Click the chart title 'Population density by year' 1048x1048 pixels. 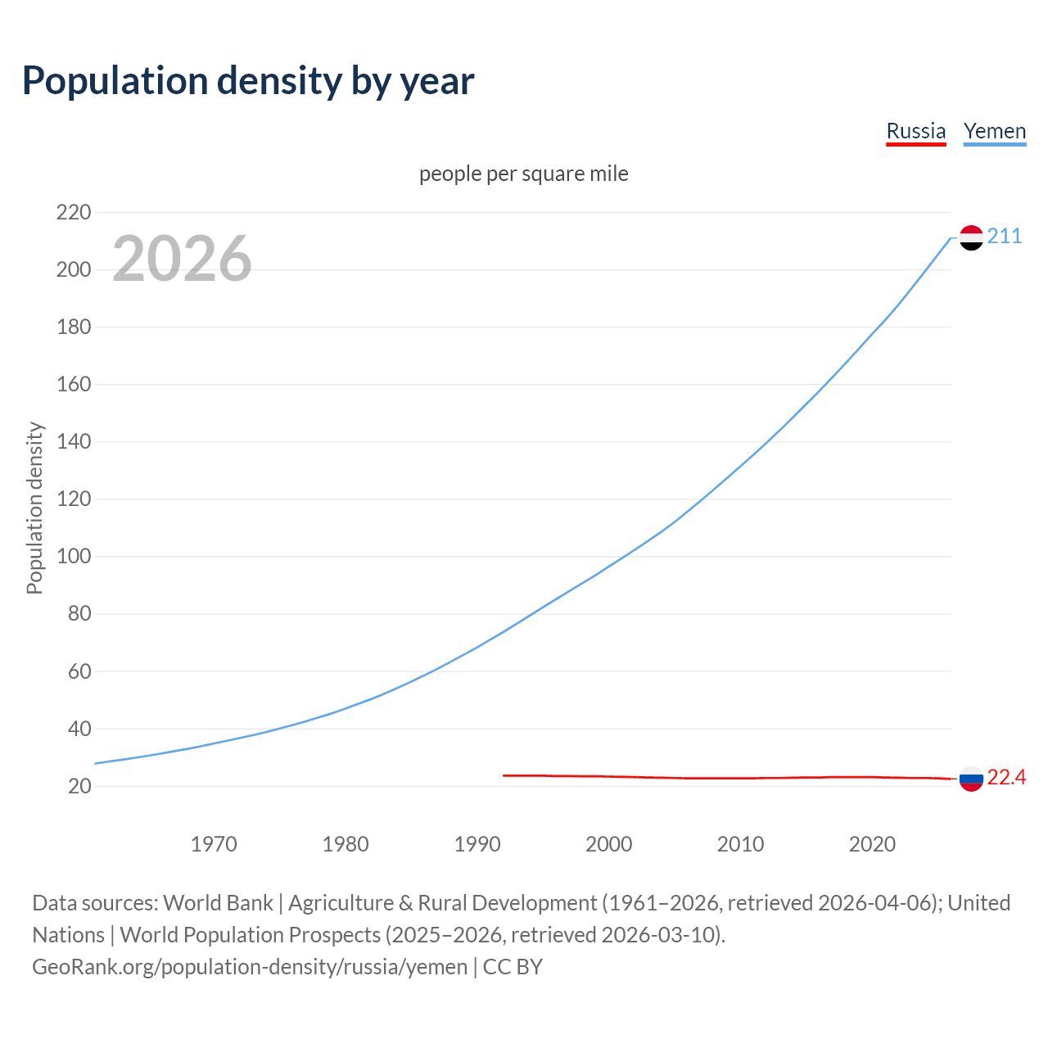(248, 81)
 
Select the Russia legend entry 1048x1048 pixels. (915, 131)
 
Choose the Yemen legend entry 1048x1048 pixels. (994, 131)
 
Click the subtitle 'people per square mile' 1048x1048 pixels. (523, 174)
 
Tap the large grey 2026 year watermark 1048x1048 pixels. (182, 259)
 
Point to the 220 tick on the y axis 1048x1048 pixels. (74, 213)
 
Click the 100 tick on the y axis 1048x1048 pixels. (74, 557)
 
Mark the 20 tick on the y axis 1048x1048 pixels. (79, 786)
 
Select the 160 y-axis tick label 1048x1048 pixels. (74, 385)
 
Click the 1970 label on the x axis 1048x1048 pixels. (214, 844)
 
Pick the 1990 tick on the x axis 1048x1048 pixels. (477, 844)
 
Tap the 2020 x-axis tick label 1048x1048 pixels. (872, 844)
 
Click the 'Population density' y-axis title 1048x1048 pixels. (34, 508)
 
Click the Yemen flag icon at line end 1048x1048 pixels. (971, 237)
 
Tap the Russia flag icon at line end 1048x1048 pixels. (971, 779)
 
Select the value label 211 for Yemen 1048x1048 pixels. (1005, 237)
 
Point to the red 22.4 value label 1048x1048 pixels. (1006, 777)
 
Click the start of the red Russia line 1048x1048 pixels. (504, 775)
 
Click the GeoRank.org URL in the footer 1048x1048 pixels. (250, 967)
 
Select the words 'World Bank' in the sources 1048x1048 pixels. (218, 903)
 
